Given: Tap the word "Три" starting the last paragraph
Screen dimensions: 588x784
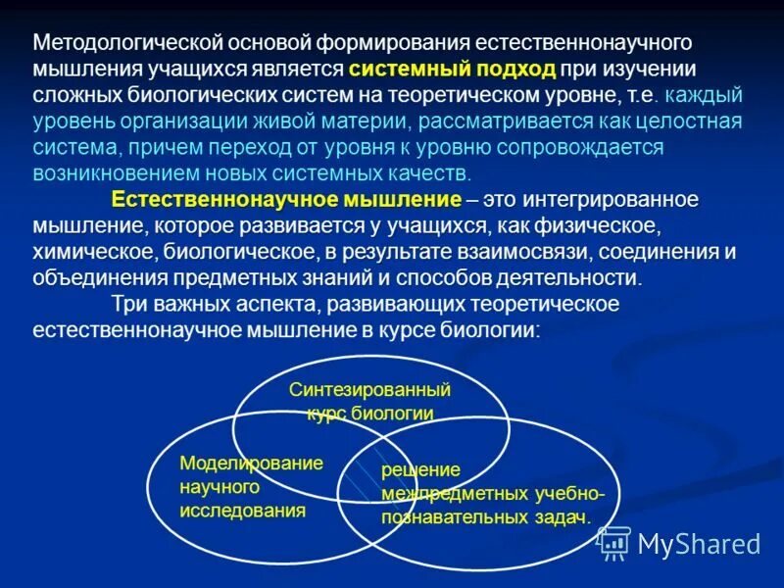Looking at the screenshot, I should point(130,304).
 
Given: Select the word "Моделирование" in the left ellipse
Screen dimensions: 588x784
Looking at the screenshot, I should point(251,463).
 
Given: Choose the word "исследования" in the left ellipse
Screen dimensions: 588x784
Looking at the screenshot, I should point(243,510).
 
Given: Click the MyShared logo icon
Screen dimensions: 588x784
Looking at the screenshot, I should point(613,542).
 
